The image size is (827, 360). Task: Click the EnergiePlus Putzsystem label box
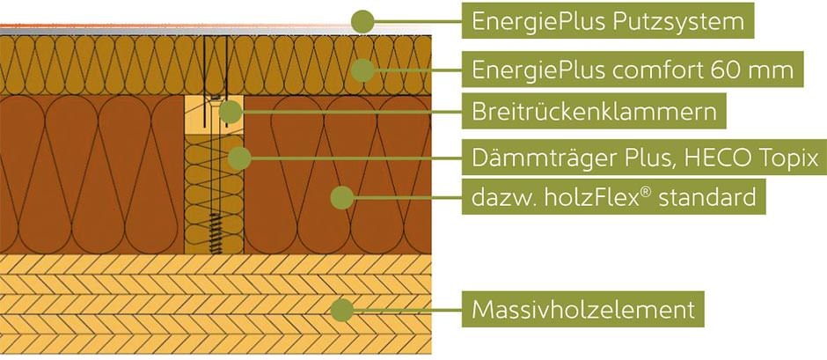tap(608, 20)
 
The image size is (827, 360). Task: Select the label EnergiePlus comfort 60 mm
tap(633, 70)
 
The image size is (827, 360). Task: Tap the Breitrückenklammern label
tap(594, 111)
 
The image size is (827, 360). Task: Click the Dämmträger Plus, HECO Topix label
tap(644, 157)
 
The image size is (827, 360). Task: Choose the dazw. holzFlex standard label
tap(613, 197)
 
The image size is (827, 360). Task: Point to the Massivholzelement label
tap(582, 309)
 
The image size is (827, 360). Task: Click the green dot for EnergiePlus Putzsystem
tap(362, 22)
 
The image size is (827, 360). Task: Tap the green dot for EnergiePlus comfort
tap(362, 70)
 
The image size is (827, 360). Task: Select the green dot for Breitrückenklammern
tap(230, 112)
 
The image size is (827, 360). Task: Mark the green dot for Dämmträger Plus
tap(239, 158)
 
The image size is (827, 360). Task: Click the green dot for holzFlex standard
tap(342, 198)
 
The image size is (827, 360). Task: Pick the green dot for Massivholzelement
tap(342, 310)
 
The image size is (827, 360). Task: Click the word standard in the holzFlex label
tap(707, 197)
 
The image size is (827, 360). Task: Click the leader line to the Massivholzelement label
tap(408, 310)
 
